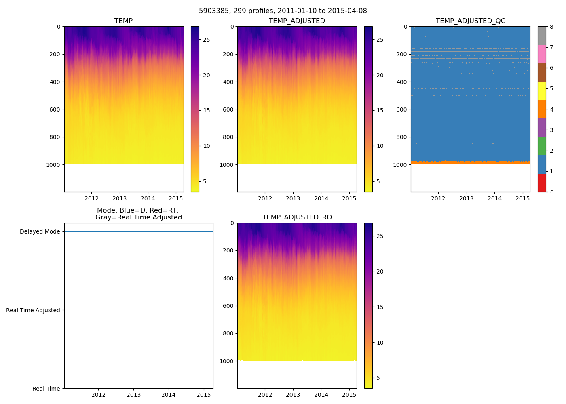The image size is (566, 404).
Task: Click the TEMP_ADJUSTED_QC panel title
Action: [x=470, y=21]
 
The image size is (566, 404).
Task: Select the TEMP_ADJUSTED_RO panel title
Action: [x=297, y=217]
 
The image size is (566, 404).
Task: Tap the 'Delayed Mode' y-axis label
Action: [x=40, y=232]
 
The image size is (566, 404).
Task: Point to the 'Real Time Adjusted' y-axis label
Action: [x=33, y=310]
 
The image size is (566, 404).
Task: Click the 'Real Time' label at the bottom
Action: [x=46, y=389]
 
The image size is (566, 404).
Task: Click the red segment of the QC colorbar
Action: [x=542, y=183]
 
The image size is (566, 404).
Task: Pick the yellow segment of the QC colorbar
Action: [x=542, y=90]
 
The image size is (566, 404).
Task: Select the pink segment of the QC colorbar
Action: [x=542, y=54]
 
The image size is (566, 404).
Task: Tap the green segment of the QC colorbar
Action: [x=542, y=146]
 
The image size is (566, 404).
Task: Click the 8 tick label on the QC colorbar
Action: [x=552, y=27]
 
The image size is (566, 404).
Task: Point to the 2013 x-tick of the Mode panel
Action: [x=133, y=395]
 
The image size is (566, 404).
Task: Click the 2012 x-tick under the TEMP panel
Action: [x=91, y=198]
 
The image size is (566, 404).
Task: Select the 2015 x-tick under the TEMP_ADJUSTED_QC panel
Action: [x=522, y=198]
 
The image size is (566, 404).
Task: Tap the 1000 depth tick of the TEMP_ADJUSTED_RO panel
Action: [x=226, y=361]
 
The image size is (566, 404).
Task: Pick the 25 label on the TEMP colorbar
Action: [x=206, y=40]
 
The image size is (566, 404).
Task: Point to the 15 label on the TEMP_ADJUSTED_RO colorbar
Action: [x=380, y=307]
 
